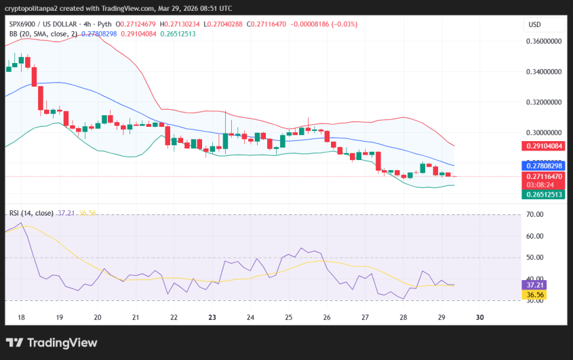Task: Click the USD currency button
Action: tap(534, 25)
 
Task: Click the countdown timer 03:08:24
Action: tap(541, 184)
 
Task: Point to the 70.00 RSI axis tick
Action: tap(536, 215)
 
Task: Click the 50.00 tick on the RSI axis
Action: tap(536, 258)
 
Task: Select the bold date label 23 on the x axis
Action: tap(212, 317)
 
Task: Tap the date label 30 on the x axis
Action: tap(481, 317)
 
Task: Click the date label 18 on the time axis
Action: tap(21, 317)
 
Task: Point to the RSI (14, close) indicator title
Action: tap(32, 213)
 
